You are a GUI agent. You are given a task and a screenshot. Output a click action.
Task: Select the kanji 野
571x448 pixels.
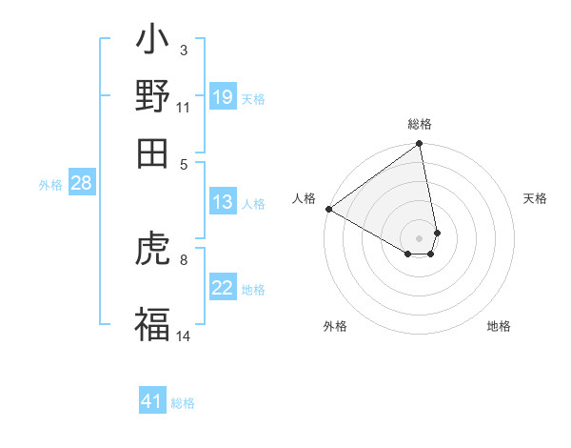(x=152, y=97)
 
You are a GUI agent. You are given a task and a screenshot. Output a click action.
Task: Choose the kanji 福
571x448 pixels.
(x=152, y=322)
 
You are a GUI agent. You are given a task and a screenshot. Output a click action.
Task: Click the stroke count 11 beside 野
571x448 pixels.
(x=183, y=108)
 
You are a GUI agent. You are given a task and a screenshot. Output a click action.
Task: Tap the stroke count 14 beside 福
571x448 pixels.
(x=183, y=335)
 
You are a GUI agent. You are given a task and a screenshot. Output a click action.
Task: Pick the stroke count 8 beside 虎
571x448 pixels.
(x=183, y=258)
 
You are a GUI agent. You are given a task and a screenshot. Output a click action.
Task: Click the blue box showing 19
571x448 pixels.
(x=223, y=97)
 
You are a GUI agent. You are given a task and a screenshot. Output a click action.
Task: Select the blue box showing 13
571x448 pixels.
(x=223, y=202)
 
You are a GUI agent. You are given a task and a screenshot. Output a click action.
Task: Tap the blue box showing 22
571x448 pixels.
(x=223, y=288)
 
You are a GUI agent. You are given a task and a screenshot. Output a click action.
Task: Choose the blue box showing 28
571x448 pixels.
(x=81, y=184)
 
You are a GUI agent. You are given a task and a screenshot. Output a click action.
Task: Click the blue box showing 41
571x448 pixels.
(x=152, y=401)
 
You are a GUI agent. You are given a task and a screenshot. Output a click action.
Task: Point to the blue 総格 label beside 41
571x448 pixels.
(x=183, y=403)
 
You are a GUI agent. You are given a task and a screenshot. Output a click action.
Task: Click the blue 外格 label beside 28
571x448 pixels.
(x=49, y=185)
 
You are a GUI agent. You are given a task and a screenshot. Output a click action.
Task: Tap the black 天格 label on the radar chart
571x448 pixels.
(x=535, y=198)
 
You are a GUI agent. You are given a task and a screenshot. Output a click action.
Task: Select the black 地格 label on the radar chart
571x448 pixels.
(x=499, y=326)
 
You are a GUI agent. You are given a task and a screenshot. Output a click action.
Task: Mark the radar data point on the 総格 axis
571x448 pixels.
(x=419, y=145)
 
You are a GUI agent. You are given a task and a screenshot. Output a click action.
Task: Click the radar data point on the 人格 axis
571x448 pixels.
(x=328, y=209)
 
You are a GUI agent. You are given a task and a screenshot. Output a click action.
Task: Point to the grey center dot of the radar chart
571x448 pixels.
(x=419, y=237)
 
